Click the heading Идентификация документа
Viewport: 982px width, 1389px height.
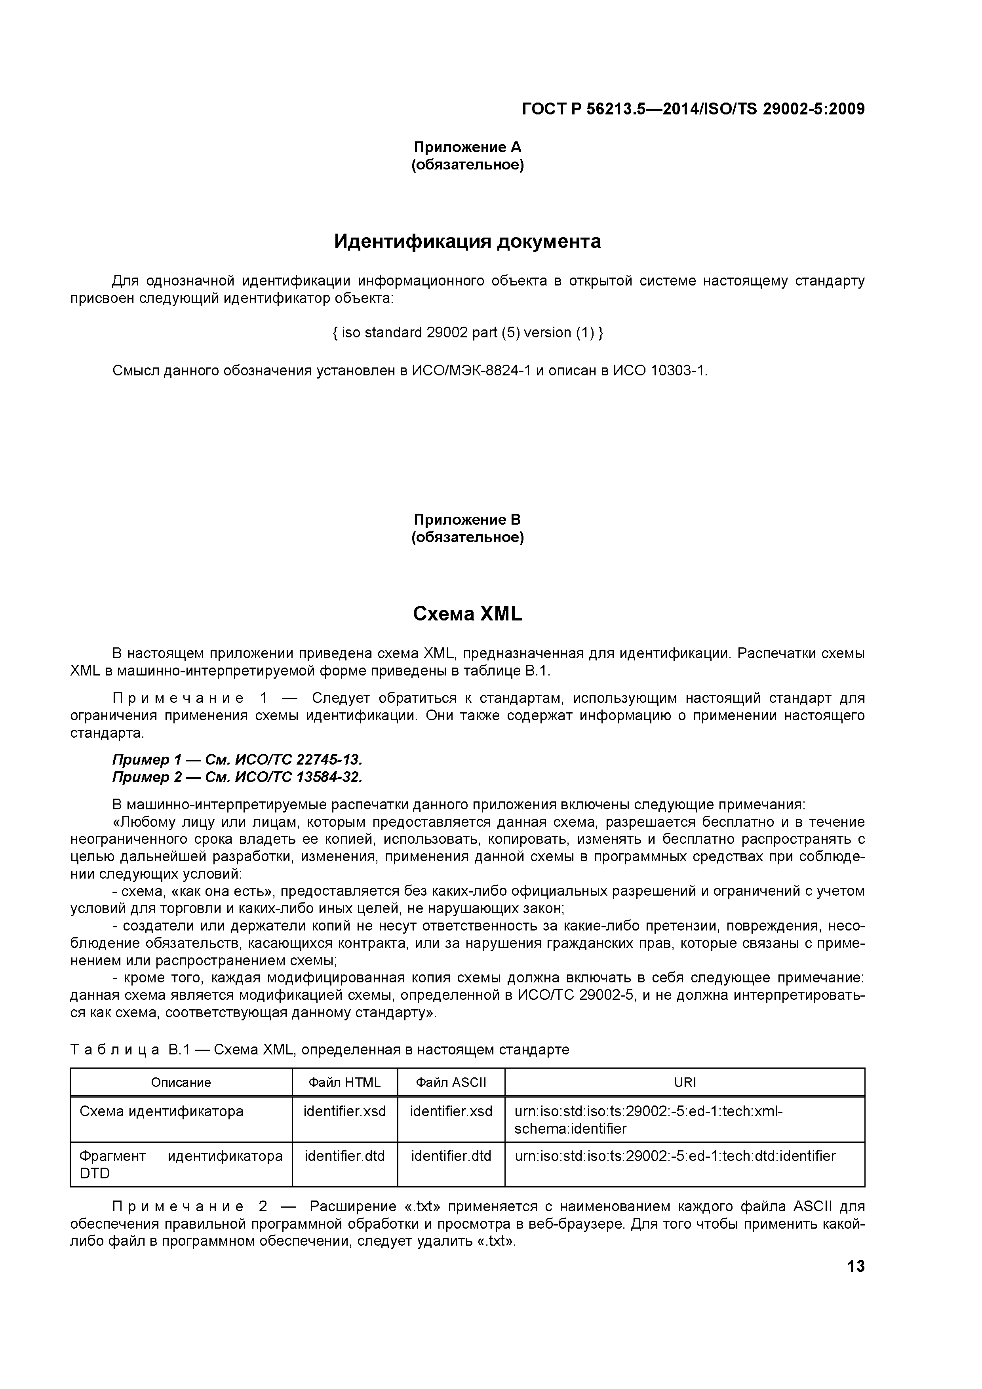pyautogui.click(x=467, y=242)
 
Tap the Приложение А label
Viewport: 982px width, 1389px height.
pyautogui.click(x=467, y=147)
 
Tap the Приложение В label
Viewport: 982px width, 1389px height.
pyautogui.click(x=467, y=519)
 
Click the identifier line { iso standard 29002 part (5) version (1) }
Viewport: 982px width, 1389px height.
pyautogui.click(x=468, y=333)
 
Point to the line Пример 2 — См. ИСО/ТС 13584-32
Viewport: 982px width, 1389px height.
pyautogui.click(x=237, y=777)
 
